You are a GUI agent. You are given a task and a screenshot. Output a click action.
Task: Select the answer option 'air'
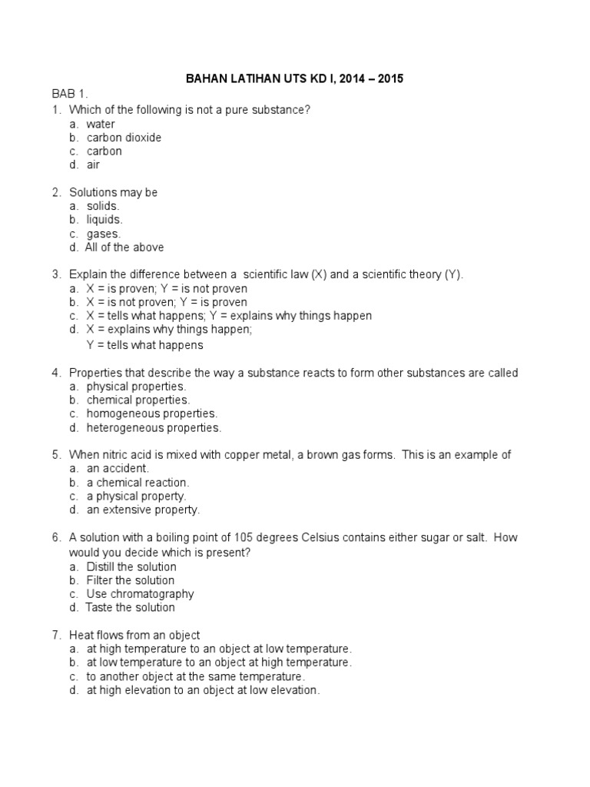click(x=93, y=164)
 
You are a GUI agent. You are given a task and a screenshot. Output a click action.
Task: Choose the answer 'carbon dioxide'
click(x=124, y=138)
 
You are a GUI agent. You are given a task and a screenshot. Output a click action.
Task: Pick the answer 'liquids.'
click(x=104, y=220)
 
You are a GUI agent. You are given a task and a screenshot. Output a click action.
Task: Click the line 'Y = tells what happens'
click(x=144, y=345)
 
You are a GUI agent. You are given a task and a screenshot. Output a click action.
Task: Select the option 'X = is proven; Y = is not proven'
click(x=167, y=288)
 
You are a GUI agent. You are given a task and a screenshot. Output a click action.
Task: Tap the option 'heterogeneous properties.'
click(x=154, y=427)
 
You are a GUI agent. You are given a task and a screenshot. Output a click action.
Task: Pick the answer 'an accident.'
click(x=118, y=468)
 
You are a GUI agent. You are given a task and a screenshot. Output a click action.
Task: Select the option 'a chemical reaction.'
click(x=138, y=482)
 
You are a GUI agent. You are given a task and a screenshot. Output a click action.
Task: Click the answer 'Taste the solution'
click(x=131, y=607)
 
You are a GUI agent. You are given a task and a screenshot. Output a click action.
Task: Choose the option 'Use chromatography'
click(x=140, y=594)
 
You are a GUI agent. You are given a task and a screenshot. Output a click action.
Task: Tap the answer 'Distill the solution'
click(x=131, y=566)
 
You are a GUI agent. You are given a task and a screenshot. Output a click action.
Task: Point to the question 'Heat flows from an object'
click(x=134, y=635)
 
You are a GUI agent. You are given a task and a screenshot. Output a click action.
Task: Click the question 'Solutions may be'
click(x=113, y=192)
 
